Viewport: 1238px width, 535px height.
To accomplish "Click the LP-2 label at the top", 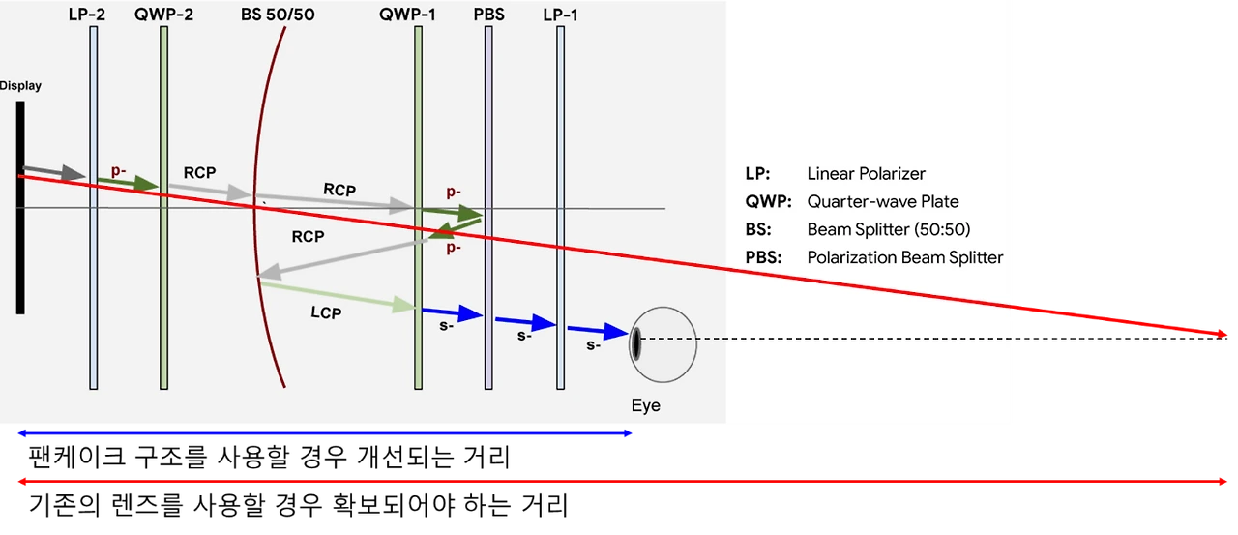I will (87, 15).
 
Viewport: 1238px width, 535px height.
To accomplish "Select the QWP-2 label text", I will (165, 15).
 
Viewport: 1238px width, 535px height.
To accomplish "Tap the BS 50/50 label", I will (278, 15).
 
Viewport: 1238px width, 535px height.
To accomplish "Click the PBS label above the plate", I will (488, 15).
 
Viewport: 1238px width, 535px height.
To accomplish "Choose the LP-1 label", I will (561, 15).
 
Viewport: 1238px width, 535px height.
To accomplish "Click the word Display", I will (20, 86).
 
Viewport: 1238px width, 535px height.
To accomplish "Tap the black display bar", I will (19, 208).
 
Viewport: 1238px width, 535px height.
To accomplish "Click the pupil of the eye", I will (636, 344).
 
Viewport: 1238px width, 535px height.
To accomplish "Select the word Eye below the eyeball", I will (645, 405).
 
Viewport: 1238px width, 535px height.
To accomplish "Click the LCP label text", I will (327, 313).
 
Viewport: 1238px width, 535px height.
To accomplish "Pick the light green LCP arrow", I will (339, 296).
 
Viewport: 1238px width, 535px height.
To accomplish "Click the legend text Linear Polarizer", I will (866, 174).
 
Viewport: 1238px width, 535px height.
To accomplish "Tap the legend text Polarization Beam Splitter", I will (904, 257).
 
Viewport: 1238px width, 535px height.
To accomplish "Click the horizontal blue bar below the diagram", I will (324, 434).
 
